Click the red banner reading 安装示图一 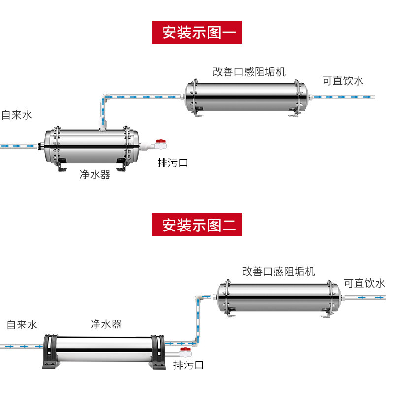197,32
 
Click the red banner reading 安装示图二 197,225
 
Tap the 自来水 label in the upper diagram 17,115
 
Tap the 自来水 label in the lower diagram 22,325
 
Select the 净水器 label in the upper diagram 95,174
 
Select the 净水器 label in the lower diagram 106,324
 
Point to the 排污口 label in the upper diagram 173,163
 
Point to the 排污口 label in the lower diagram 188,365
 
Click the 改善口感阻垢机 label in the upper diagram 249,72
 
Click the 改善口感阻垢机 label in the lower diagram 278,272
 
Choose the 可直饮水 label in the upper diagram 343,81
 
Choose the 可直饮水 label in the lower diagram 364,283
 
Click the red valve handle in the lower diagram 186,349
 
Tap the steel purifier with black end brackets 104,352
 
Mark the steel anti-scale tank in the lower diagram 279,298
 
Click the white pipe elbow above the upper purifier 105,97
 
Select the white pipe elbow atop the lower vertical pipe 198,298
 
